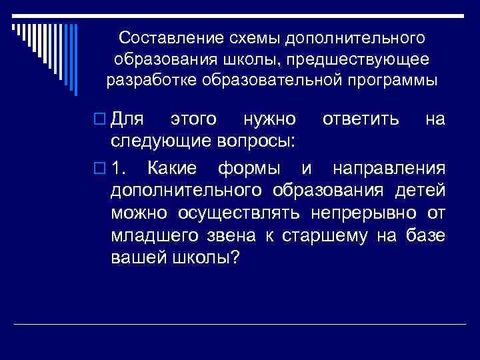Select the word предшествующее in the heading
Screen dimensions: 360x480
click(367, 59)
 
